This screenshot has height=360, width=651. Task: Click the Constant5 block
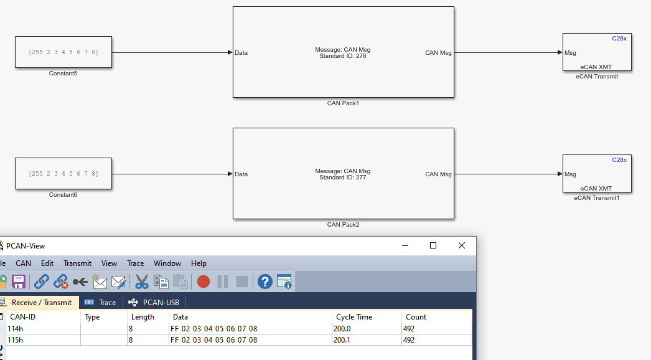63,52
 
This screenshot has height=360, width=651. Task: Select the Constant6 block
63,174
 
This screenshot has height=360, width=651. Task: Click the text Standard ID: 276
343,56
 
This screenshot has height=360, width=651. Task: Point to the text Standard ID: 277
343,178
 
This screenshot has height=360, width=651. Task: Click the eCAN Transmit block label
596,77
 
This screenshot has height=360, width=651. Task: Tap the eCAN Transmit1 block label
596,198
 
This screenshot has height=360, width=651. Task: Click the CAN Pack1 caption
343,103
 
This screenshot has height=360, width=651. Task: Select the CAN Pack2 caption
343,225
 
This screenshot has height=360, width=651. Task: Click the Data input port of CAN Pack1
241,53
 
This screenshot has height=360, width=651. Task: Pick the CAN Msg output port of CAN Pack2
438,174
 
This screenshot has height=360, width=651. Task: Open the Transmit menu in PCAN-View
77,263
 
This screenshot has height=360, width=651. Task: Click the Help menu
199,263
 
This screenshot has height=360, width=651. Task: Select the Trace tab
101,303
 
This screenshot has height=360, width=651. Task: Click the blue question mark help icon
265,282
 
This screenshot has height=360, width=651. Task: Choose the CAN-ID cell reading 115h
16,340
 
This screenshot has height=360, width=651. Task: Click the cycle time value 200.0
342,328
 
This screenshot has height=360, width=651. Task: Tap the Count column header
416,317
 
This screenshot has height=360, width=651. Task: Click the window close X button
461,246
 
